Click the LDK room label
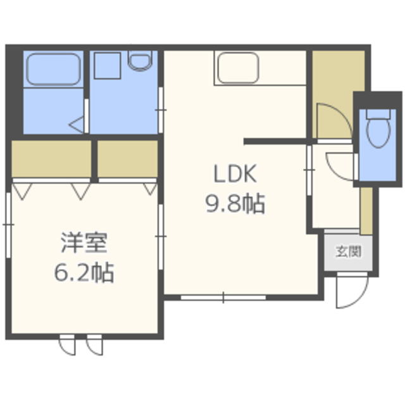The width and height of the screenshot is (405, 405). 235,173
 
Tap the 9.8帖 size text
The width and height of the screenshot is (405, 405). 235,204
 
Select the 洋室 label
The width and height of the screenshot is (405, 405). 84,242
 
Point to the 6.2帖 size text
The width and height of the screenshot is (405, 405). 84,273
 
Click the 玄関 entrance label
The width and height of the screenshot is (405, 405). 348,251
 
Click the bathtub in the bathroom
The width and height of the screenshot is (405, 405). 53,69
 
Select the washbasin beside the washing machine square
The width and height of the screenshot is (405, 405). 140,61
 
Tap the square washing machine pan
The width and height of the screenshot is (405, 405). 108,66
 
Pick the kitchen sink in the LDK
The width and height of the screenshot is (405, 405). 238,68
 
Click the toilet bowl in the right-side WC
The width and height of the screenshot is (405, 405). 378,132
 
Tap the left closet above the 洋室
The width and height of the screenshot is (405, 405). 51,159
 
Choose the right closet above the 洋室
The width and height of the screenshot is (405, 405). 128,159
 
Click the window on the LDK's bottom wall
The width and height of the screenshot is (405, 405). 223,297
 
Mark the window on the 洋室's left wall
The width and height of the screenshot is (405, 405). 8,225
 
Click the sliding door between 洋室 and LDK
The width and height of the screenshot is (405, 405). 161,237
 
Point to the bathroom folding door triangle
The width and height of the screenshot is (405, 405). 77,125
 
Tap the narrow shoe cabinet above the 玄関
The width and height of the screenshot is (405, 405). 366,211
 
